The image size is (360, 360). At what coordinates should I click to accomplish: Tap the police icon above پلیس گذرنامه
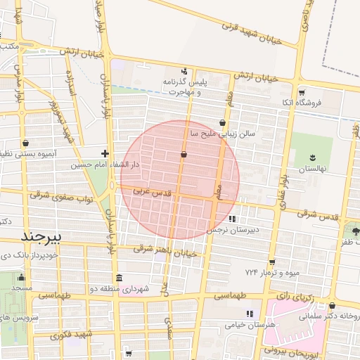[x=184, y=70]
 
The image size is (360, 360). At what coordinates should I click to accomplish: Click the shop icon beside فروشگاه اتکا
[x=302, y=92]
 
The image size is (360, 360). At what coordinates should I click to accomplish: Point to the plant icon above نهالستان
[x=312, y=157]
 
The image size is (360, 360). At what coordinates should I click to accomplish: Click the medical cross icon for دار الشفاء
[x=105, y=153]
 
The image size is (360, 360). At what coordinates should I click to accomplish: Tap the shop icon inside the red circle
[x=184, y=153]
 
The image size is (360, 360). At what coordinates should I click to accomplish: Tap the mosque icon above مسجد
[x=21, y=277]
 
